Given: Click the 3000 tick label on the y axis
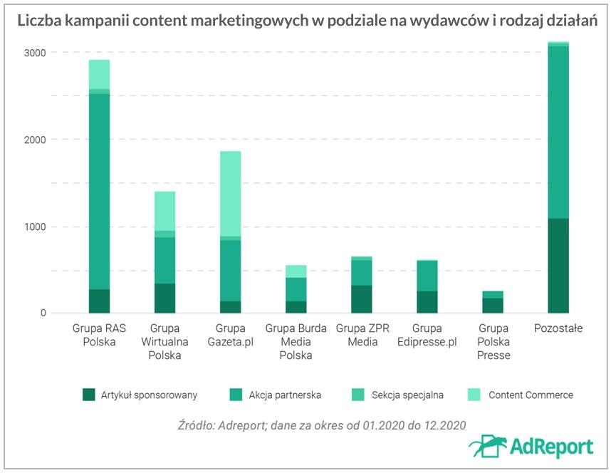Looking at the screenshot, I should pos(33,53).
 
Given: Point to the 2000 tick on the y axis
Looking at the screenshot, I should pos(33,140).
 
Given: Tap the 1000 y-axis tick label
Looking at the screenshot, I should pos(33,227).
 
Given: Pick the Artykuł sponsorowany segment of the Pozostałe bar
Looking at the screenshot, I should pos(558,266).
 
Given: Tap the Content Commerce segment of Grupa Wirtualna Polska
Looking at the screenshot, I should pos(164,211).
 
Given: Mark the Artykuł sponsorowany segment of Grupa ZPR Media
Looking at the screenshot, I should pos(361,299).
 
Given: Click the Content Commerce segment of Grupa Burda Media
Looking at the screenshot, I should pos(296,271).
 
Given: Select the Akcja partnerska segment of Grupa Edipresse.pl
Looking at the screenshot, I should pos(427,276).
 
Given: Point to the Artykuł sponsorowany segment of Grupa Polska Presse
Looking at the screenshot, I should pos(492,306).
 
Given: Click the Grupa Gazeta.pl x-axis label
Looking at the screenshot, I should pos(230,335).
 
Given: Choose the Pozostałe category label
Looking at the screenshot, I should pos(558,328).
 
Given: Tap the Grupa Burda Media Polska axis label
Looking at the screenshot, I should pos(296,342).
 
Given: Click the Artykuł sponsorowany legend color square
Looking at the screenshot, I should pos(88,395).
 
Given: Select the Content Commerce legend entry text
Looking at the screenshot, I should pos(531,395).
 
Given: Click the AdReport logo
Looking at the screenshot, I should pos(531,446).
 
